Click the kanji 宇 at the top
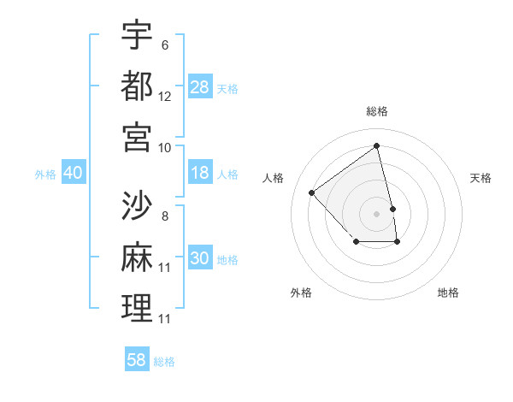tap(137, 35)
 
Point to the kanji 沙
tap(137, 204)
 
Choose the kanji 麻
tap(137, 256)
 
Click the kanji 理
tap(137, 307)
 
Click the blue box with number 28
tap(200, 86)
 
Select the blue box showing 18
tap(200, 173)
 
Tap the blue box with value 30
tap(200, 258)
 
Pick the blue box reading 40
tap(73, 173)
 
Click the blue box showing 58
tap(137, 360)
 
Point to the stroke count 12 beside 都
tap(165, 97)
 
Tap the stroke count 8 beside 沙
tap(165, 216)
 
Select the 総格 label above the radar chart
tap(377, 111)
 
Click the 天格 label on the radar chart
tap(481, 178)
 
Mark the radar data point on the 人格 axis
tap(312, 192)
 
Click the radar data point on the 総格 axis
tap(377, 145)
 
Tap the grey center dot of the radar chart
tap(377, 213)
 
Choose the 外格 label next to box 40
tap(45, 174)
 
